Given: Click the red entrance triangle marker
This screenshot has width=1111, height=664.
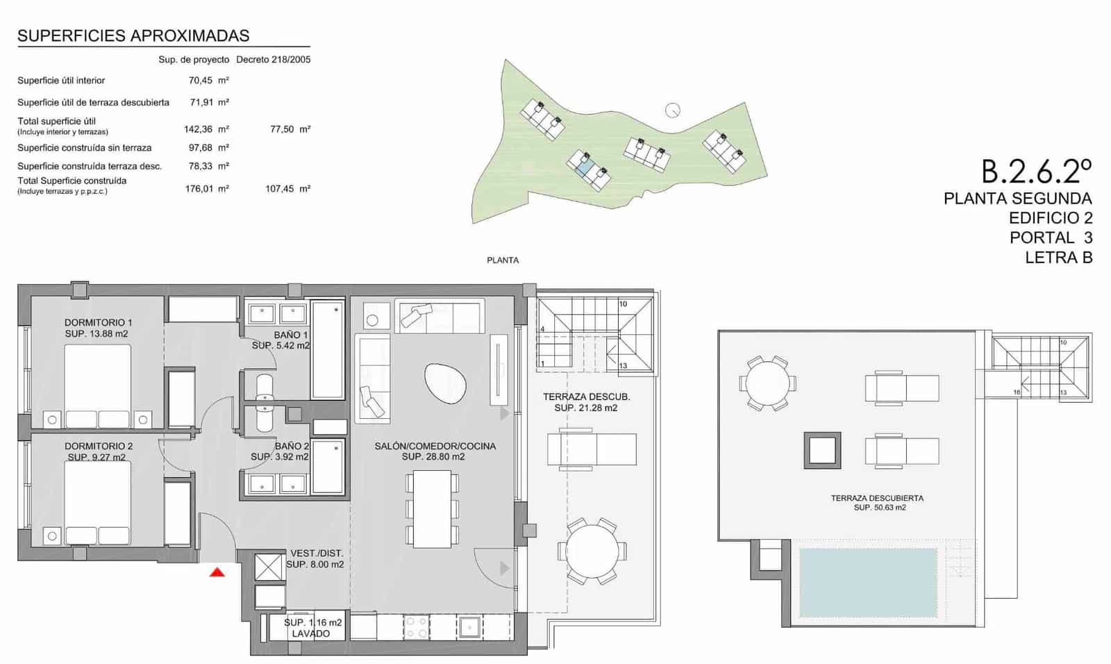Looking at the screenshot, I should click(x=217, y=572).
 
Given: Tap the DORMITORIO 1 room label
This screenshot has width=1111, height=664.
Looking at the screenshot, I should click(x=98, y=322).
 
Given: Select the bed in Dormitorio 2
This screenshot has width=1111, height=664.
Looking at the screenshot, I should click(x=98, y=501).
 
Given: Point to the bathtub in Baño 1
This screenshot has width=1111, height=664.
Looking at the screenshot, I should click(x=327, y=349).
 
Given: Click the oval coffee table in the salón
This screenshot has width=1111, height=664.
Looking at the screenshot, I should click(x=445, y=384).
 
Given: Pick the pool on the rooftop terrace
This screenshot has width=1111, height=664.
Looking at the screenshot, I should click(x=868, y=583).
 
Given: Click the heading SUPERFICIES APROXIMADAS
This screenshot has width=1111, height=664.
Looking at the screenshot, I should click(x=133, y=36).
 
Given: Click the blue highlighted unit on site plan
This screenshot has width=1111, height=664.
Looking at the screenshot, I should click(x=585, y=166).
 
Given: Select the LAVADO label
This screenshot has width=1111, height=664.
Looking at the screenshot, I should click(x=310, y=633).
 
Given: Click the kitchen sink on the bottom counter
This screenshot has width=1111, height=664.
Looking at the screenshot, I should click(x=469, y=628).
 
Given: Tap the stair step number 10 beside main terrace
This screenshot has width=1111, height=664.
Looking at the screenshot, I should click(x=623, y=304).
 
